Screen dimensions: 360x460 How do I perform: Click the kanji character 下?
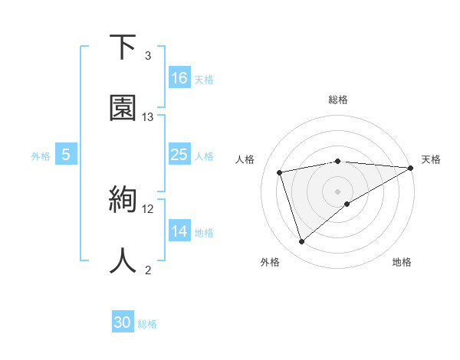pos(122,47)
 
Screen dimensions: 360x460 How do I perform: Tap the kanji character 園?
pos(123,108)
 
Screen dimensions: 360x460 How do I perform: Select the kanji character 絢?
pos(122,201)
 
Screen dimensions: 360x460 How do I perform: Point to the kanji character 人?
pos(123,260)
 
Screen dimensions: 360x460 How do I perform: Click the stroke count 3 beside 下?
pos(148,56)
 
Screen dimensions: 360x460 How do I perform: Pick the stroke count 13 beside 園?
pos(148,117)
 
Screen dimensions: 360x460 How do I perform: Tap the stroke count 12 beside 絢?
pos(148,209)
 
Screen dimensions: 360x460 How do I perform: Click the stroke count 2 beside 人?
pos(148,270)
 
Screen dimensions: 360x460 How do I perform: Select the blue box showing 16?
pos(179,78)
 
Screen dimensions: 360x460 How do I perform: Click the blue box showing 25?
pos(179,155)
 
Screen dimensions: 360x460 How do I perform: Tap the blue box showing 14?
pos(179,231)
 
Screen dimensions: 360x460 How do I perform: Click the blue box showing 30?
pos(123,322)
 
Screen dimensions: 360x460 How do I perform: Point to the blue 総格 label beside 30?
pos(147,324)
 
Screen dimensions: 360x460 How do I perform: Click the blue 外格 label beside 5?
pos(41,156)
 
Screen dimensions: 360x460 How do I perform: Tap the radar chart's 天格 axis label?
pos(431,159)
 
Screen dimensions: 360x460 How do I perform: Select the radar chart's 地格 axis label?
pos(402,263)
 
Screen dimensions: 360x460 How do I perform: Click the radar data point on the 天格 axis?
pos(411,168)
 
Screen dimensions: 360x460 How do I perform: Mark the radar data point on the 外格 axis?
pos(301,242)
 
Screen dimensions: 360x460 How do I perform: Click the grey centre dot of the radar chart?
pos(337,191)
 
